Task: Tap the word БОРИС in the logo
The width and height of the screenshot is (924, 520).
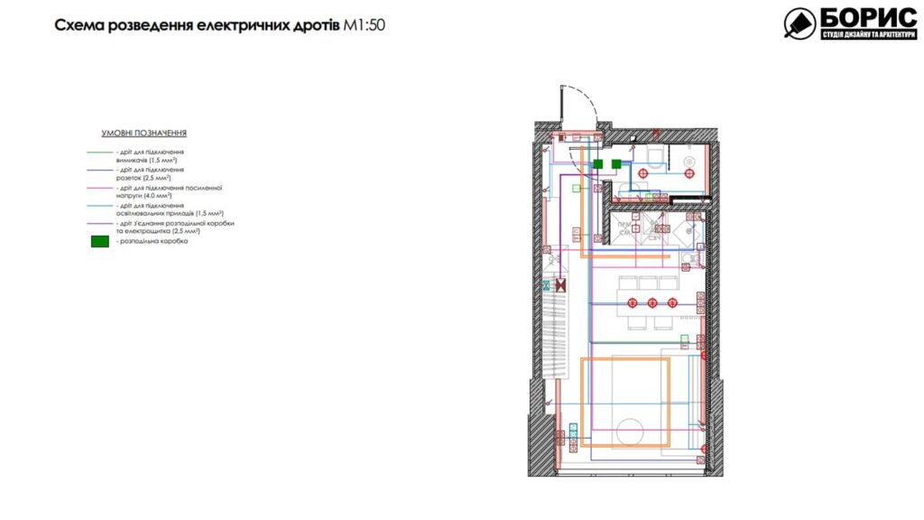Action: (855, 18)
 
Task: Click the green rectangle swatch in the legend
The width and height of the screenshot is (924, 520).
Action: (99, 241)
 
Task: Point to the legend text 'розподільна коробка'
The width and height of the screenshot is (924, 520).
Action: (152, 242)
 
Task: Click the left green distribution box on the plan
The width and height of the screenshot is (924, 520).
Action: (596, 163)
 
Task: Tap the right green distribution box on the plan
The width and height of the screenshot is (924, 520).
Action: (616, 163)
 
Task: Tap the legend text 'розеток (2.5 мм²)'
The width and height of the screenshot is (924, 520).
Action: (145, 179)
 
